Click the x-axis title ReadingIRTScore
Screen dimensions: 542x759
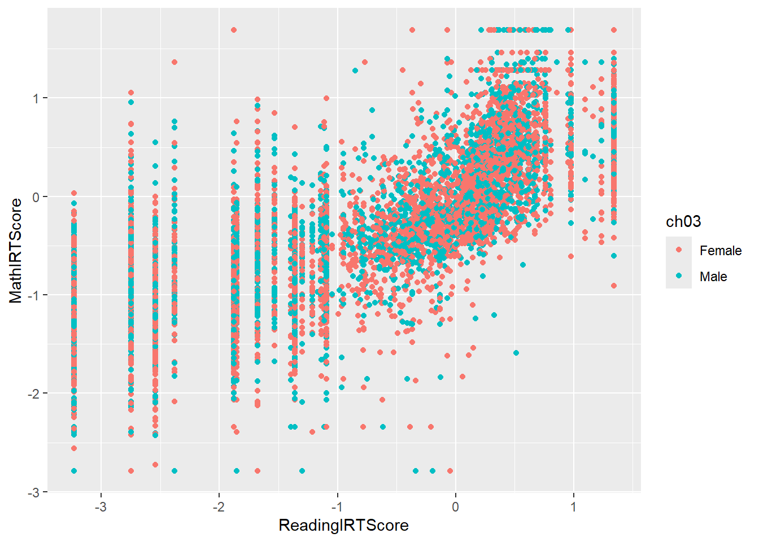[343, 526]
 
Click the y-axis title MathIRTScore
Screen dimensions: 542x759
[16, 251]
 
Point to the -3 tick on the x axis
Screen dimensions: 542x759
[101, 506]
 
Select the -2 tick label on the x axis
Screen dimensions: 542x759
[219, 506]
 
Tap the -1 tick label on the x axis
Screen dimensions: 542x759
[337, 506]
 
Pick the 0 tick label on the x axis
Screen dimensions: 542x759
[455, 506]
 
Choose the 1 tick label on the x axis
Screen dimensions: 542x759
[573, 506]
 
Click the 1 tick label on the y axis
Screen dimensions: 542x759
[36, 98]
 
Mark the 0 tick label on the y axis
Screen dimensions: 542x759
[36, 196]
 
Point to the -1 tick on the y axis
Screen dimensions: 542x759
[34, 295]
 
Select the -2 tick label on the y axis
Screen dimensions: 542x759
[34, 394]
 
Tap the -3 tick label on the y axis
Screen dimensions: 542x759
[34, 492]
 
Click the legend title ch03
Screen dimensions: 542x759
[683, 221]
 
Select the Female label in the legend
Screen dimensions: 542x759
[720, 251]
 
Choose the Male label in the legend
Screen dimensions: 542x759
[713, 277]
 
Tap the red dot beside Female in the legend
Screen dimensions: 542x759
[679, 250]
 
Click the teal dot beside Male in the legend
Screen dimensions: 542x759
[679, 276]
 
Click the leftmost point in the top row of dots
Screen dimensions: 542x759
[234, 30]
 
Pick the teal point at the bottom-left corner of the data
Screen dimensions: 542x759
[74, 471]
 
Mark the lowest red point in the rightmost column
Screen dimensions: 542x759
[614, 286]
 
